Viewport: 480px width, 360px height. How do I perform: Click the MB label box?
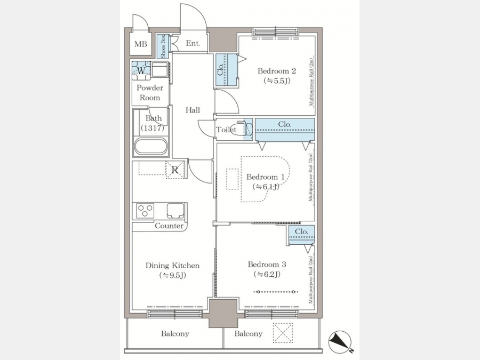pos(141,44)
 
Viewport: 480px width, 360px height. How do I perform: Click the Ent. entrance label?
pos(193,44)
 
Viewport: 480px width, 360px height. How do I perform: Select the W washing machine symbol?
pos(141,70)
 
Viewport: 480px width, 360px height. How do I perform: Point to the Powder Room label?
pos(150,93)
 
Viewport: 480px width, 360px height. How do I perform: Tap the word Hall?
pos(193,110)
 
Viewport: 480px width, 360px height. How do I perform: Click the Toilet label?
pos(226,130)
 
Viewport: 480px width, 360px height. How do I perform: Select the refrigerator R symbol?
pos(175,170)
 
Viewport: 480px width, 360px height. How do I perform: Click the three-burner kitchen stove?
pos(145,211)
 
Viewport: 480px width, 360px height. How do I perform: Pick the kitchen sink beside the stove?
pos(174,211)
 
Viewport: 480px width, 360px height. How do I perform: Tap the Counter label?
pos(169,226)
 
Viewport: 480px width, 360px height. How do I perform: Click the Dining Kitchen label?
pos(172,266)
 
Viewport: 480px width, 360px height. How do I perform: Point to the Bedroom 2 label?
pos(277,71)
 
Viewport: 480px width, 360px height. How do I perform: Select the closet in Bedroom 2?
pos(225,71)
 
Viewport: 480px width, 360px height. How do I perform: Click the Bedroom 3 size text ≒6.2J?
pos(267,275)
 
